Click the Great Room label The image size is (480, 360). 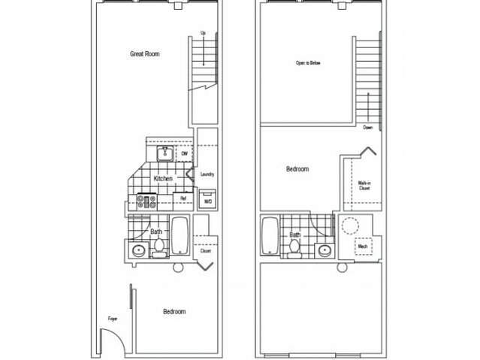click(144, 54)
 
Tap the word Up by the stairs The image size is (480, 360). click(203, 32)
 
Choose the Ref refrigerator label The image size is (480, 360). click(183, 198)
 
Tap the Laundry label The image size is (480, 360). click(207, 174)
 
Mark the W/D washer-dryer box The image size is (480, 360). click(207, 201)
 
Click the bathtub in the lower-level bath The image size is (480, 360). click(180, 237)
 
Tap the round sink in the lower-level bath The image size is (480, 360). click(138, 250)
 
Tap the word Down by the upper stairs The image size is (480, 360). click(368, 128)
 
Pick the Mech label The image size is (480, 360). click(363, 245)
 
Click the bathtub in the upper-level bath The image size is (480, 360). click(270, 237)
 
